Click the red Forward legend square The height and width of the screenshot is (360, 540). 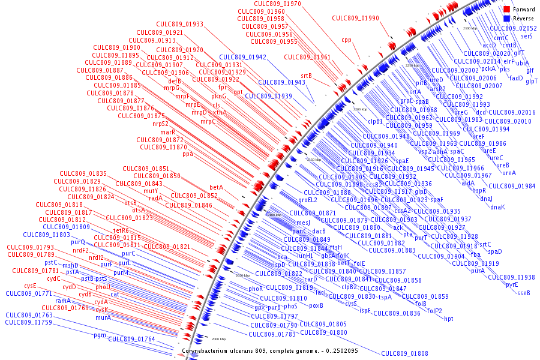pyautogui.click(x=507, y=10)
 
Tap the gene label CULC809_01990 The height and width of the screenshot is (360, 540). pyautogui.click(x=356, y=19)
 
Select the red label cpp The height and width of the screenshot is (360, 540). pyautogui.click(x=347, y=40)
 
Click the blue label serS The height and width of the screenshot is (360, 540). pyautogui.click(x=527, y=37)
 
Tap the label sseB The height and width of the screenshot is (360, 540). pyautogui.click(x=524, y=293)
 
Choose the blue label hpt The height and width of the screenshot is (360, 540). pyautogui.click(x=449, y=319)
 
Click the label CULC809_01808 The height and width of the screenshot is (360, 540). pyautogui.click(x=404, y=353)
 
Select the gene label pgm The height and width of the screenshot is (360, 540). pyautogui.click(x=100, y=335)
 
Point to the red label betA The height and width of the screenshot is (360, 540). pyautogui.click(x=216, y=187)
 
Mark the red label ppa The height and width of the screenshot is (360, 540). pyautogui.click(x=188, y=154)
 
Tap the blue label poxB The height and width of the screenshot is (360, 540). pyautogui.click(x=316, y=305)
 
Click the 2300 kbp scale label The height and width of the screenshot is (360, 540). pyautogui.click(x=470, y=28)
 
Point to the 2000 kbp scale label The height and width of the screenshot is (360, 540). pyautogui.click(x=218, y=339)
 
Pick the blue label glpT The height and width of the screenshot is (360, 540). pyautogui.click(x=532, y=81)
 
